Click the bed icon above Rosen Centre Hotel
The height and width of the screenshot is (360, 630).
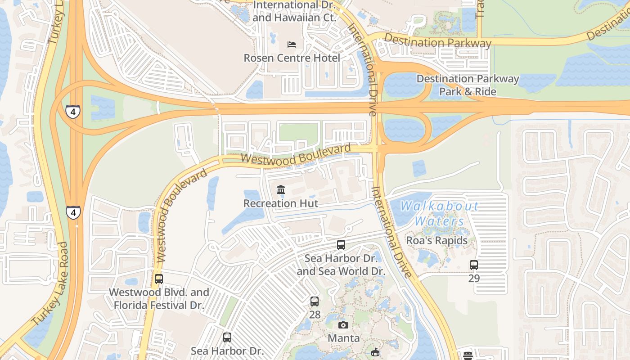(292, 45)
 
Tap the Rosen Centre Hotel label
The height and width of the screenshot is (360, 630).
(292, 58)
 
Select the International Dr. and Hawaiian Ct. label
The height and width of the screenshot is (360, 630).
(294, 11)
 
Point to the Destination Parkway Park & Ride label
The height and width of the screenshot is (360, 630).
(468, 85)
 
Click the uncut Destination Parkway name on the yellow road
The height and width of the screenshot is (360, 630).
(437, 42)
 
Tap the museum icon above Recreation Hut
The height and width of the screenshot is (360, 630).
(281, 189)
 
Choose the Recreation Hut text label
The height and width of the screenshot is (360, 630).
(281, 203)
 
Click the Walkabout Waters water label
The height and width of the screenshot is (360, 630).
(440, 214)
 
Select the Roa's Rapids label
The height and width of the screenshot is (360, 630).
(437, 240)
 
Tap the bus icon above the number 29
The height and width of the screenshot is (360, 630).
(474, 265)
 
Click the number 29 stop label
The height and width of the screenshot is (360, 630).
(474, 278)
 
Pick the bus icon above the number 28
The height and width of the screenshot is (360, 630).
(315, 301)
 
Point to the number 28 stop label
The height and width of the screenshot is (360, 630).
(315, 315)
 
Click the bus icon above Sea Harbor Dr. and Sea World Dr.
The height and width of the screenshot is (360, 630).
(341, 245)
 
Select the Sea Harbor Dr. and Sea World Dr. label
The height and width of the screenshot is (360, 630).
(341, 265)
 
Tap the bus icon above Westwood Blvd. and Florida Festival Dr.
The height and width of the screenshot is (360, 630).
(159, 279)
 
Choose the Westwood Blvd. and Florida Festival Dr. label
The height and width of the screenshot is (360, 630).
(159, 299)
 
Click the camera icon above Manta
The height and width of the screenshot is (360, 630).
(343, 325)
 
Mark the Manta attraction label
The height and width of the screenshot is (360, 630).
(343, 338)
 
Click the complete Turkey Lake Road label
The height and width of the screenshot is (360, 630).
(50, 284)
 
